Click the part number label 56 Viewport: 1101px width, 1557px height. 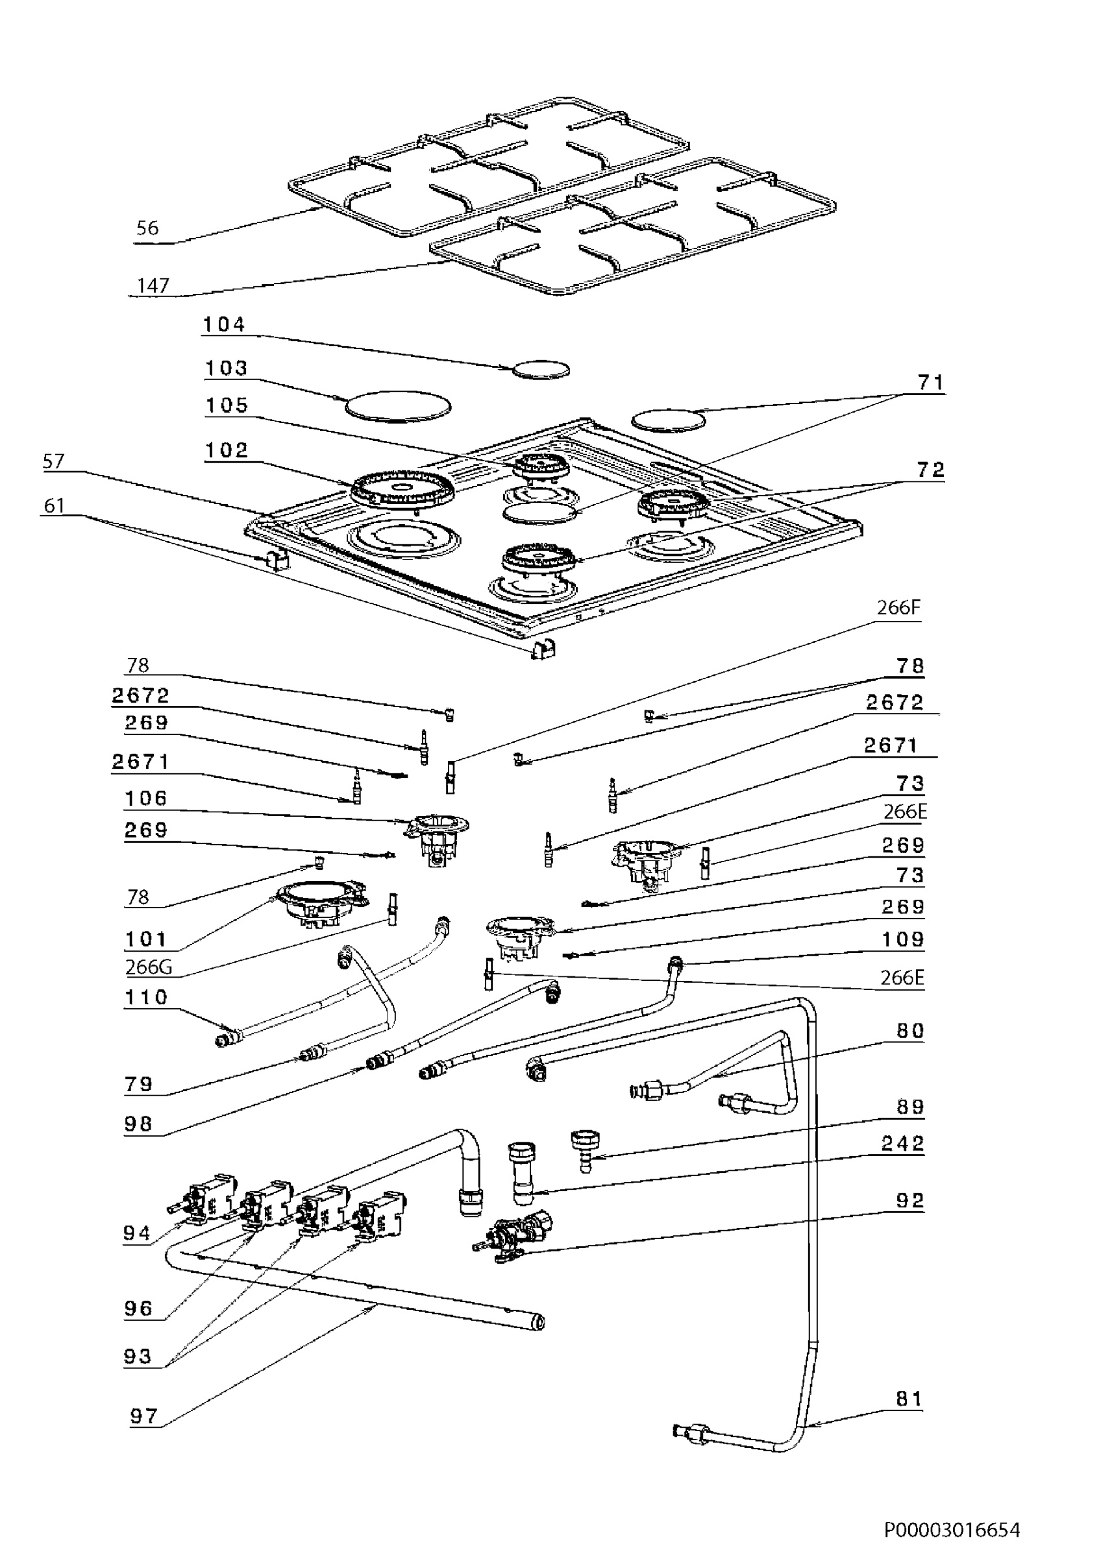click(147, 228)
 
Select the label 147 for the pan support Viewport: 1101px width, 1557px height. click(153, 285)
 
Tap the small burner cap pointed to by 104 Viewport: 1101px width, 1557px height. click(541, 370)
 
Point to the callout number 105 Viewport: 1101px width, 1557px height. click(227, 405)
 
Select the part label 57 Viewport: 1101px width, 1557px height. click(54, 461)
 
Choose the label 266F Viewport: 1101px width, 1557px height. click(898, 607)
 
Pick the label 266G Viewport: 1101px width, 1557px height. click(149, 967)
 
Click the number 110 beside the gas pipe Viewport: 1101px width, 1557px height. click(146, 997)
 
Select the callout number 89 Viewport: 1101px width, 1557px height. click(909, 1107)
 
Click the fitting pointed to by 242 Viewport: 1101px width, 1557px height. click(522, 1173)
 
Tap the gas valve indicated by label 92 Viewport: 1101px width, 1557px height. click(513, 1238)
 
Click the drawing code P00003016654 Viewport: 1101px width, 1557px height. click(952, 1525)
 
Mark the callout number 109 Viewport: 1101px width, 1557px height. click(903, 939)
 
